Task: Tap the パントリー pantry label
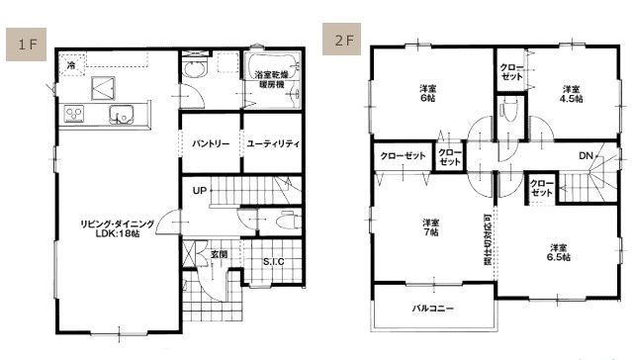point(211,144)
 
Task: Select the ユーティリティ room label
point(273,144)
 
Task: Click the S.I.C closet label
point(274,261)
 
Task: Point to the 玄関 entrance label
point(219,255)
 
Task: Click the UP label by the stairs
point(199,190)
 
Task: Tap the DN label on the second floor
point(586,155)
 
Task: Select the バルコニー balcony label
point(433,310)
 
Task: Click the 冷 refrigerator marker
point(70,65)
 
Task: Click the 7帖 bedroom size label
point(430,233)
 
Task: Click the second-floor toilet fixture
point(510,111)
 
